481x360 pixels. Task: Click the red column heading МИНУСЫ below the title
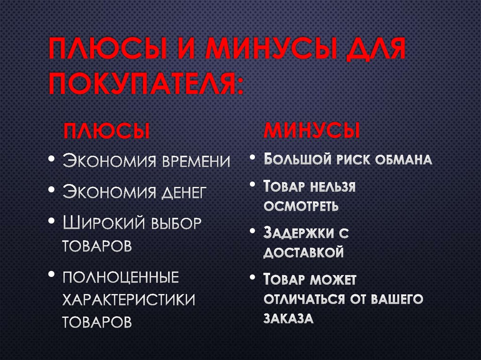pos(312,130)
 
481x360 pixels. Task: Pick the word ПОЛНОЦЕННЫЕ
pos(121,277)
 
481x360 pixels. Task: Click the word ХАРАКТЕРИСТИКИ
pos(129,299)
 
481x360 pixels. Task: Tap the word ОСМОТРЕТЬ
pos(301,206)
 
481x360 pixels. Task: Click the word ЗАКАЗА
pos(288,319)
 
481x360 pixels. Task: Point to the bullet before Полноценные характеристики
pos(51,276)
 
